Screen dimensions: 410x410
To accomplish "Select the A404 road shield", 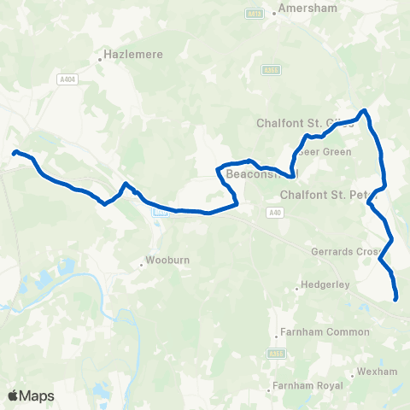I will (67, 79).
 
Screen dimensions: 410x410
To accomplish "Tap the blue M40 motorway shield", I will (157, 213).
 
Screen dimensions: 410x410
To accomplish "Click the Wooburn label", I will (161, 259).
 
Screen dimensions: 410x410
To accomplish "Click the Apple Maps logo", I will (31, 395).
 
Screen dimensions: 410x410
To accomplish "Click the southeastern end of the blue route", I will (396, 298).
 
